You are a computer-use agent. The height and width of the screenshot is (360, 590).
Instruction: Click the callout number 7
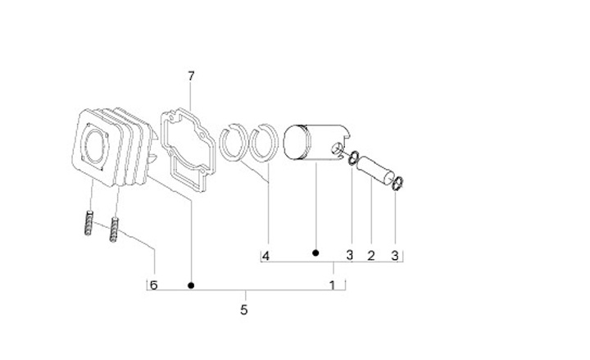click(191, 76)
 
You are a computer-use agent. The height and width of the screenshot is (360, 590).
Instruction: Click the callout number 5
click(244, 310)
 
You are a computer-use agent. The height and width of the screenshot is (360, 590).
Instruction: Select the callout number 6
click(153, 285)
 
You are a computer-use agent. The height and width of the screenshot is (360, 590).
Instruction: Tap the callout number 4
click(265, 257)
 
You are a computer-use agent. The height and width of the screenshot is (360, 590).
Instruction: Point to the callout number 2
click(371, 256)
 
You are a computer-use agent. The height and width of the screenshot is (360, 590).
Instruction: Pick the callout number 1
click(332, 285)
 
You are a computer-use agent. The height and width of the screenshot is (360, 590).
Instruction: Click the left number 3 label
click(350, 255)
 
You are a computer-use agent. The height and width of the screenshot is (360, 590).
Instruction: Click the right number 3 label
click(394, 256)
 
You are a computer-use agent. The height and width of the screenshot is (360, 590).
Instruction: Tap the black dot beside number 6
click(191, 285)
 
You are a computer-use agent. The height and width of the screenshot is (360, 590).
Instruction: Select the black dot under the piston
click(315, 253)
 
